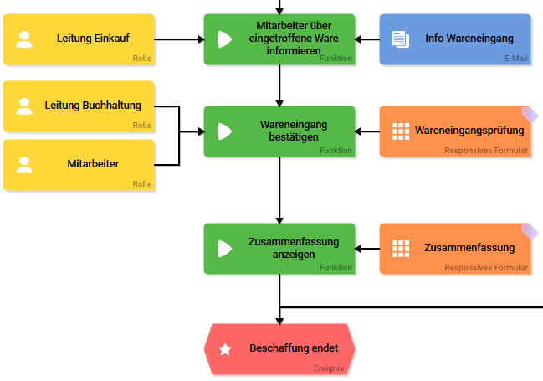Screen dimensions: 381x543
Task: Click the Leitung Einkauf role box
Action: pos(79,39)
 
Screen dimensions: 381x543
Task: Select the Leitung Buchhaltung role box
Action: pos(79,106)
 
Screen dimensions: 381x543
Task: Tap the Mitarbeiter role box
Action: pos(79,165)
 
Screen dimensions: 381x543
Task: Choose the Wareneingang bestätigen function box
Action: pos(279,131)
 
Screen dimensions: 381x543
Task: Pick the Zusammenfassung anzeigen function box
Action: pos(279,249)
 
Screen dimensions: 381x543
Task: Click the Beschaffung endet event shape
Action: pos(279,349)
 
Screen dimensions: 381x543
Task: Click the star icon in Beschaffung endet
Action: pos(225,349)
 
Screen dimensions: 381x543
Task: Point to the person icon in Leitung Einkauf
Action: pos(24,39)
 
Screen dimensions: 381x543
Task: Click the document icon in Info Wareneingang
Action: pos(401,39)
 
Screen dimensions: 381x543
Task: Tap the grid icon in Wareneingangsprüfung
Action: pos(401,131)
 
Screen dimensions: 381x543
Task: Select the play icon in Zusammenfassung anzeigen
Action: pos(224,249)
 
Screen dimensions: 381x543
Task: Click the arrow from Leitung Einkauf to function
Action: pos(179,39)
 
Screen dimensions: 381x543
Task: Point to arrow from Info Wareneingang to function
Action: pos(367,39)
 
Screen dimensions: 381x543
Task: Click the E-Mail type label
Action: pos(515,59)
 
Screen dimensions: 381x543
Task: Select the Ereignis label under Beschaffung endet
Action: pos(330,368)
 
